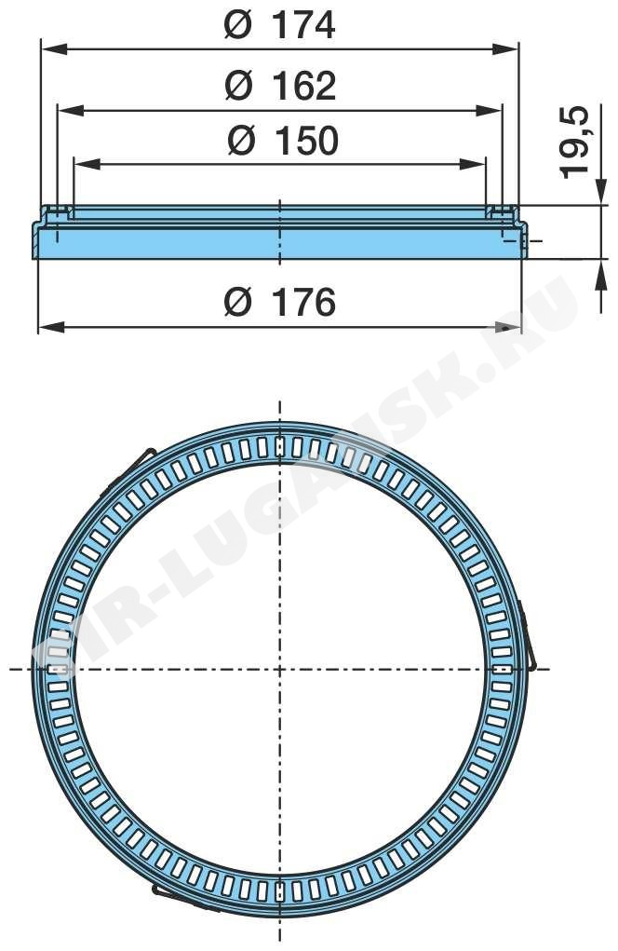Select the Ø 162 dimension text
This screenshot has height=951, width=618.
tap(280, 86)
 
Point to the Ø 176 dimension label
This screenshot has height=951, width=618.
tap(279, 302)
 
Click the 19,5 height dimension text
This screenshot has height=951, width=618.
tap(573, 142)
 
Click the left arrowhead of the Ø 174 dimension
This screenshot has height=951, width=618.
tap(53, 48)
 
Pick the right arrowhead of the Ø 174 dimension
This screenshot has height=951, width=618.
tap(506, 48)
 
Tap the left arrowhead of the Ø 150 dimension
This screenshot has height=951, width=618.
tap(86, 164)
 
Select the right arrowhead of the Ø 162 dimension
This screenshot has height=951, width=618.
tap(489, 110)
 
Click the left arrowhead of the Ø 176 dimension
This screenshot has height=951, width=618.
tap(51, 328)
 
